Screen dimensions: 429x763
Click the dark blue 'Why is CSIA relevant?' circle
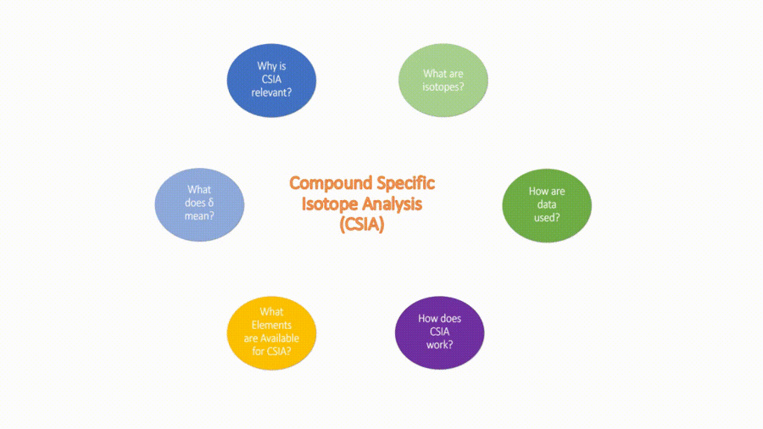tap(271, 81)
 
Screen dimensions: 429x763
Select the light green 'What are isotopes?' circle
tap(443, 80)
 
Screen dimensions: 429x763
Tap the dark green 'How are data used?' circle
tap(547, 204)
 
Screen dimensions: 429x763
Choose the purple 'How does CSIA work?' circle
tap(440, 331)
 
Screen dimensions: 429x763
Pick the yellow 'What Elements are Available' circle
tap(271, 331)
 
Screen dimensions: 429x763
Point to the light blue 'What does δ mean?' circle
tap(199, 203)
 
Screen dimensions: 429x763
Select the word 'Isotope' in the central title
tap(330, 204)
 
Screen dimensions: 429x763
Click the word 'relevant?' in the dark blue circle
tap(271, 92)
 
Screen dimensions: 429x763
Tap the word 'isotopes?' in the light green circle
tap(443, 86)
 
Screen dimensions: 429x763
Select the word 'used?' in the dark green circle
tap(546, 217)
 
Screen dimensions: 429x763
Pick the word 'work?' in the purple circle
tap(439, 344)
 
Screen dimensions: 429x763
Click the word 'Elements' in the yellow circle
tap(271, 325)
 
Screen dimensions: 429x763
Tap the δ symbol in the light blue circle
tap(208, 203)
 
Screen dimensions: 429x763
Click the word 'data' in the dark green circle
tap(546, 204)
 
